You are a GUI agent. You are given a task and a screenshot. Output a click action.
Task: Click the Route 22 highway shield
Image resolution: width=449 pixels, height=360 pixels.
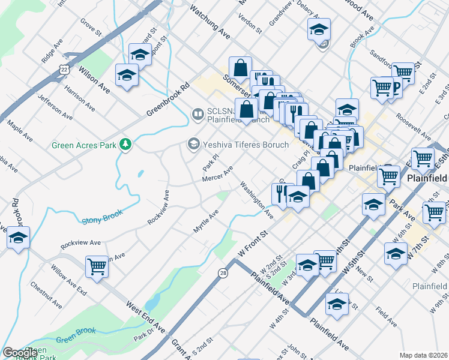(x=64, y=70)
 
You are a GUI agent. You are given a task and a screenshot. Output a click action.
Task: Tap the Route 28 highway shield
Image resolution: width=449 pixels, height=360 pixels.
(x=224, y=273)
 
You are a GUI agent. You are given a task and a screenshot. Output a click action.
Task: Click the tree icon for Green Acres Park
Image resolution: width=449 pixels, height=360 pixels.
(x=125, y=145)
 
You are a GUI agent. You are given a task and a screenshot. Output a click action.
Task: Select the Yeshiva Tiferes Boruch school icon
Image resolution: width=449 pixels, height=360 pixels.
(x=193, y=144)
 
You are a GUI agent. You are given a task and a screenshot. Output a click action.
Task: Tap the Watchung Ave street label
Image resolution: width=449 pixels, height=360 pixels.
(x=209, y=19)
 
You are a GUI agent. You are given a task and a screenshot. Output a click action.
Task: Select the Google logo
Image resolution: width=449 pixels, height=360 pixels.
(x=20, y=353)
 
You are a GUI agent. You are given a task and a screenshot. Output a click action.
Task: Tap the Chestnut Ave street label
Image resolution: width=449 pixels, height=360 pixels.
(x=46, y=295)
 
